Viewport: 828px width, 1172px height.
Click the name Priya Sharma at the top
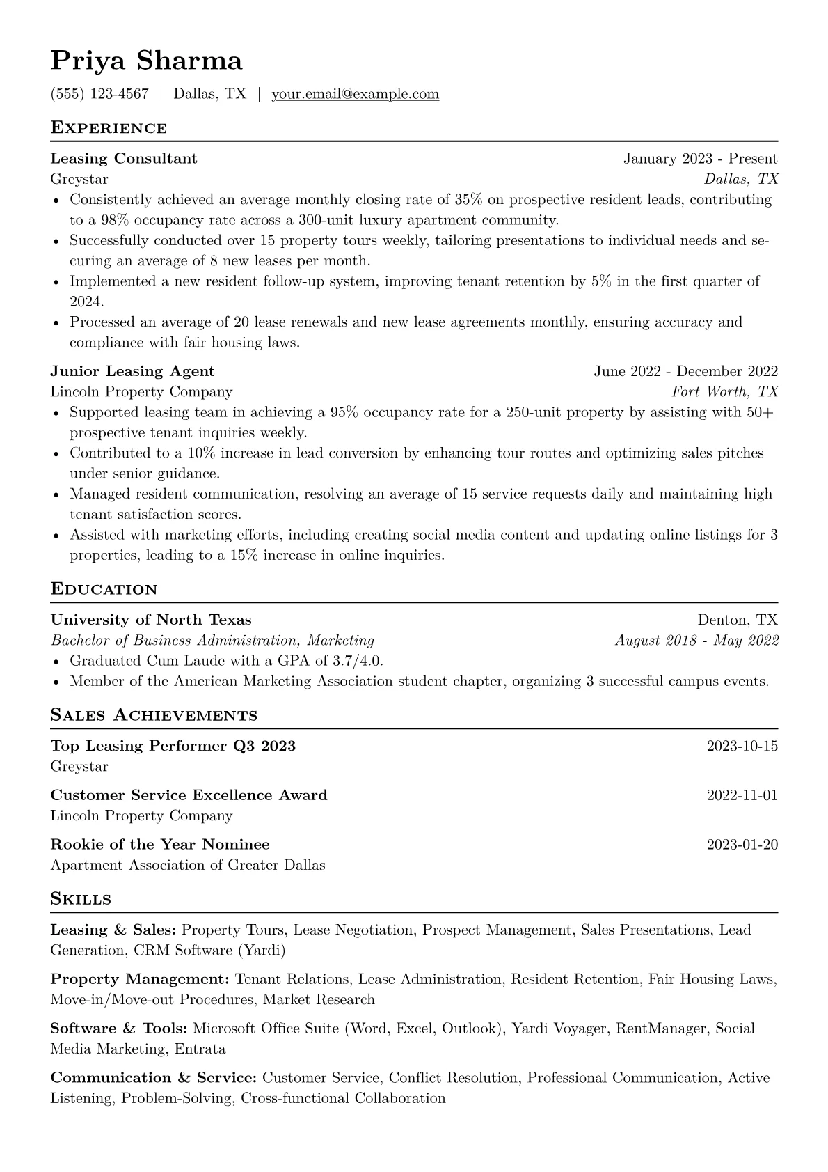click(x=146, y=61)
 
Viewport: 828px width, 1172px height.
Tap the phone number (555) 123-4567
click(x=99, y=94)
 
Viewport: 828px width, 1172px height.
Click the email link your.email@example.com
click(x=355, y=94)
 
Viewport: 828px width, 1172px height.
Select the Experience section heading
click(x=109, y=128)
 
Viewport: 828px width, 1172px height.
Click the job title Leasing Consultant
click(x=124, y=159)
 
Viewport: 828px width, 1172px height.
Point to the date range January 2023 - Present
click(x=700, y=159)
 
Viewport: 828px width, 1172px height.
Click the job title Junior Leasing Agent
click(x=132, y=371)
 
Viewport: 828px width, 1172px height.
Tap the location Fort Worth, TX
click(x=724, y=391)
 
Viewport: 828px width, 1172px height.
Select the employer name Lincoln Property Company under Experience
click(x=141, y=391)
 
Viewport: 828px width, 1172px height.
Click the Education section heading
click(x=104, y=589)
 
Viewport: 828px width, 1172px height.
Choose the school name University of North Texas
click(x=151, y=620)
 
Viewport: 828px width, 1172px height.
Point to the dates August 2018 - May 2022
click(x=696, y=640)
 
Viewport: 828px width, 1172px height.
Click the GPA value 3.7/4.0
click(x=356, y=660)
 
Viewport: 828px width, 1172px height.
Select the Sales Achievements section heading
click(x=154, y=715)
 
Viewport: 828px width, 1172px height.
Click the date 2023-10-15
click(x=742, y=746)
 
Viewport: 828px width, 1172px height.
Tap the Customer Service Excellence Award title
click(x=189, y=795)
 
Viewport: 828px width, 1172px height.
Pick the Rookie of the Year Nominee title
click(x=160, y=845)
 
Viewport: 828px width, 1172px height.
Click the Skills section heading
click(x=81, y=899)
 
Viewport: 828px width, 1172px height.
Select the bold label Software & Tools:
click(x=119, y=1029)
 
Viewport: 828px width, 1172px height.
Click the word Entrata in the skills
click(x=200, y=1049)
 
